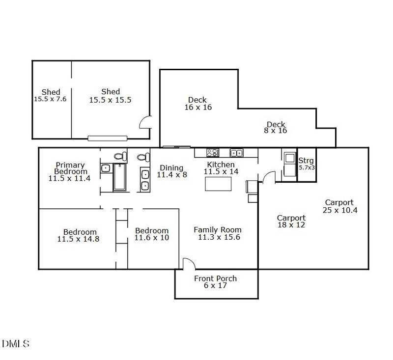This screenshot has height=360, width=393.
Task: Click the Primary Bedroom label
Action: coord(70,168)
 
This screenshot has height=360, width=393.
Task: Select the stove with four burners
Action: coord(212,153)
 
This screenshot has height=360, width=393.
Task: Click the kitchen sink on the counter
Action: coord(236,153)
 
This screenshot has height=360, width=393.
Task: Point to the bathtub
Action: coord(120,177)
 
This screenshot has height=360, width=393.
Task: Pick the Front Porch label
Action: coord(215,278)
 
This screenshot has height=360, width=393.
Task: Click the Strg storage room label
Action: coord(306,161)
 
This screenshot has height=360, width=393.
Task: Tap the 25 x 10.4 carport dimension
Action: coord(339,210)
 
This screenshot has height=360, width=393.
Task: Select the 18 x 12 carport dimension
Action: coord(291,225)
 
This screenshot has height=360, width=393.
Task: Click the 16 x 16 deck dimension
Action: coord(198,107)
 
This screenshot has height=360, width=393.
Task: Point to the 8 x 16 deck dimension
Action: coord(276,131)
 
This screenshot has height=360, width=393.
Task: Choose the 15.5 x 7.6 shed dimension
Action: coord(50,99)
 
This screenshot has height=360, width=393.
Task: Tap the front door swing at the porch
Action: coord(188,264)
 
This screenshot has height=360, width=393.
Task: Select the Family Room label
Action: coord(218,229)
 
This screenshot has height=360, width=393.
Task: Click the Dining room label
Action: coord(171,168)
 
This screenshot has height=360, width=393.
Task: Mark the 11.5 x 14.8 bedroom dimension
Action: coord(79,239)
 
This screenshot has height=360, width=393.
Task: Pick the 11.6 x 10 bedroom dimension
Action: coord(152,238)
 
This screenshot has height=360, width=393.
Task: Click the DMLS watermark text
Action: coord(16,343)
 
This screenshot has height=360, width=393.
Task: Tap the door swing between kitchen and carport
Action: coord(268,177)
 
